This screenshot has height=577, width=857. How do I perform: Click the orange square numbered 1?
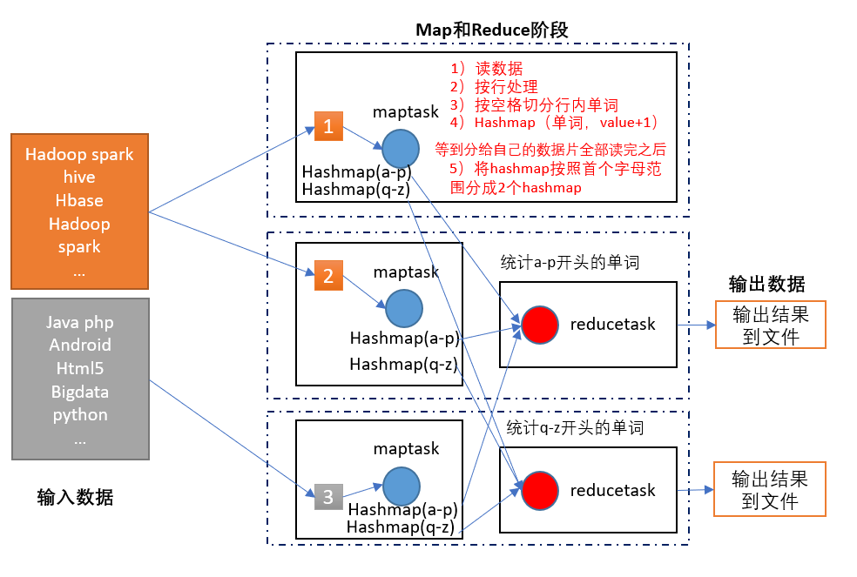pyautogui.click(x=328, y=126)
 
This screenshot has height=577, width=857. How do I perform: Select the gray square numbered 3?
pyautogui.click(x=328, y=497)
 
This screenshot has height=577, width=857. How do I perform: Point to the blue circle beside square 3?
pyautogui.click(x=401, y=486)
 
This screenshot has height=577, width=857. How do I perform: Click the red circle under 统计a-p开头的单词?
pyautogui.click(x=539, y=325)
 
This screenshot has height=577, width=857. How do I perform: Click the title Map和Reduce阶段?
pyautogui.click(x=491, y=30)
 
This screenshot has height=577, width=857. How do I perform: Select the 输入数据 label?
pyautogui.click(x=75, y=497)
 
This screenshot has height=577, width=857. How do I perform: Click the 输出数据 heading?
pyautogui.click(x=766, y=285)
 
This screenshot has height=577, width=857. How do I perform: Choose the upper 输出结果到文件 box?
pyautogui.click(x=770, y=325)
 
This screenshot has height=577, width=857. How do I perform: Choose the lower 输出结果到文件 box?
pyautogui.click(x=770, y=489)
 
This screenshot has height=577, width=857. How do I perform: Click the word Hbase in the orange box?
pyautogui.click(x=79, y=200)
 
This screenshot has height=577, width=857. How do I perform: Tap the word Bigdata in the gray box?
pyautogui.click(x=79, y=391)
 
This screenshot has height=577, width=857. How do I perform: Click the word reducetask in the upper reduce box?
pyautogui.click(x=612, y=325)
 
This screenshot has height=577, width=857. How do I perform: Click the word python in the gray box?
pyautogui.click(x=79, y=414)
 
